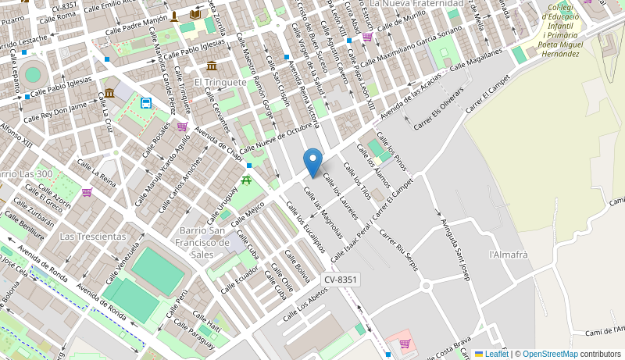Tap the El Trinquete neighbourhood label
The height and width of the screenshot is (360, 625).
pos(220,82)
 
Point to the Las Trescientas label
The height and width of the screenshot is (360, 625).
pos(93,236)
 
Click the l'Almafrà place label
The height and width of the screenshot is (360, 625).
pos(509,255)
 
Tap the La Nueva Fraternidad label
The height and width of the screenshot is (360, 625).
pos(416,4)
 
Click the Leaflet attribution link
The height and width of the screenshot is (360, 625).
pos(491,354)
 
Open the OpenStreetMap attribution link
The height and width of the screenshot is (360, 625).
pos(550,354)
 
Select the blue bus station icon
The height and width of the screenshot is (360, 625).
pos(145,103)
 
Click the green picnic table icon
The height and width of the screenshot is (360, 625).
pos(247,180)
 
